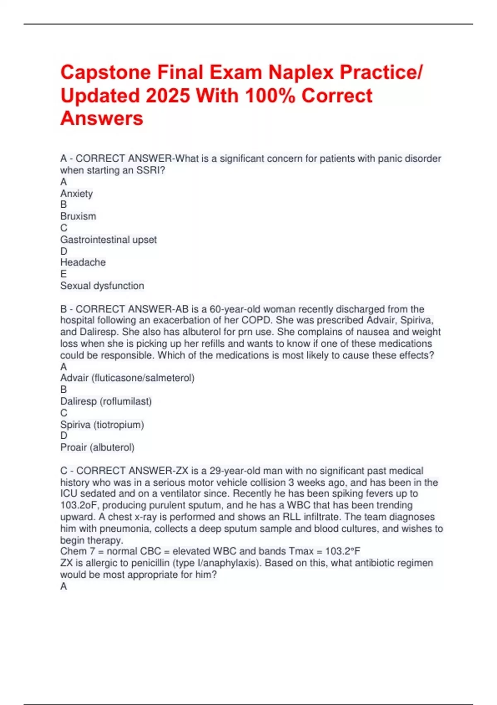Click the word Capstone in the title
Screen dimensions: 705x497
coord(105,72)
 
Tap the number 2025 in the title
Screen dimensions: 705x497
coord(168,96)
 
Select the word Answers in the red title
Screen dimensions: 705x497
coord(102,119)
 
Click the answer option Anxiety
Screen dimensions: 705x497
coord(77,194)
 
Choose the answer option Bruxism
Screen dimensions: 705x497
coord(78,216)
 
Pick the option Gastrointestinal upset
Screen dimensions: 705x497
coord(109,240)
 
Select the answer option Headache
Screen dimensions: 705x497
coord(83,263)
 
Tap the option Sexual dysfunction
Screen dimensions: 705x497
coord(102,286)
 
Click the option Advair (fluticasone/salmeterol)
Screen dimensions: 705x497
coord(127,378)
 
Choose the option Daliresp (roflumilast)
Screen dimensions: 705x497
coord(106,401)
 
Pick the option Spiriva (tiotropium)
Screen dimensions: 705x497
coord(102,425)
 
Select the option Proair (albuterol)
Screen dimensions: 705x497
coord(97,447)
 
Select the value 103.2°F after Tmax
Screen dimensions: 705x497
coord(343,551)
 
